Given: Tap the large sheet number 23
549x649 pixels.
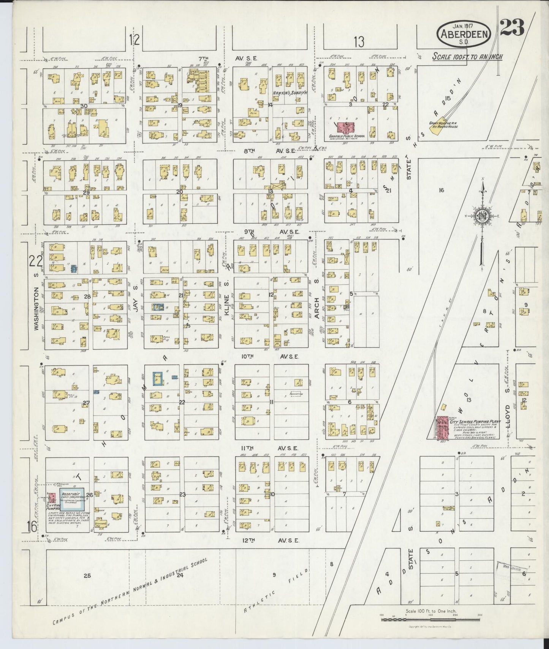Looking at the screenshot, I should coord(512,27).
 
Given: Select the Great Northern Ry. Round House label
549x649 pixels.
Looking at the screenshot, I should coord(443,124).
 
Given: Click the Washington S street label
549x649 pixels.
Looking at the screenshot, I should coord(36,309).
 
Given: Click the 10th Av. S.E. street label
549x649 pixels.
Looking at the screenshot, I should coord(270,357).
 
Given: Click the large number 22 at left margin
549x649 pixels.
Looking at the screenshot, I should coord(35,261).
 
